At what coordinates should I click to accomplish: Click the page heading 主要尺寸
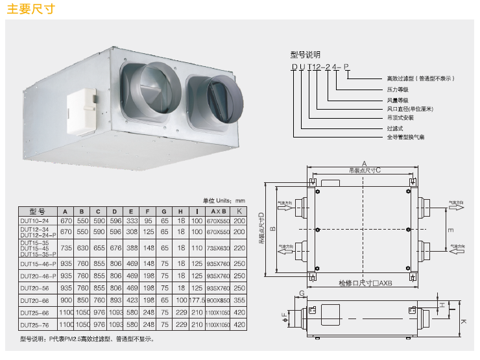click(29, 10)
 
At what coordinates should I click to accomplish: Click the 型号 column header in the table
click(37, 211)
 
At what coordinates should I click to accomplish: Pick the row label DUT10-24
click(35, 221)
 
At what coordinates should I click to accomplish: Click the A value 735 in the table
click(66, 248)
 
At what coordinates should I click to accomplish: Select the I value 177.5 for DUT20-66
click(197, 300)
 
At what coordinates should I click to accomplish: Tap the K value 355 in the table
click(239, 300)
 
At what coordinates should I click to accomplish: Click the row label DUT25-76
click(35, 324)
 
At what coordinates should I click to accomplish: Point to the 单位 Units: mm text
click(224, 201)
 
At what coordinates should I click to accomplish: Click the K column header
click(239, 211)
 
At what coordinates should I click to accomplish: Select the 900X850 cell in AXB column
click(219, 300)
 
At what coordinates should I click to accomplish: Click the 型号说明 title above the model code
click(305, 55)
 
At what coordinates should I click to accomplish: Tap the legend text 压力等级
click(397, 89)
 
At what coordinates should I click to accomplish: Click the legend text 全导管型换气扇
click(406, 138)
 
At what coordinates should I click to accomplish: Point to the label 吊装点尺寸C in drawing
click(364, 171)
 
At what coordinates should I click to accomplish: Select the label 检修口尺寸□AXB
click(365, 283)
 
